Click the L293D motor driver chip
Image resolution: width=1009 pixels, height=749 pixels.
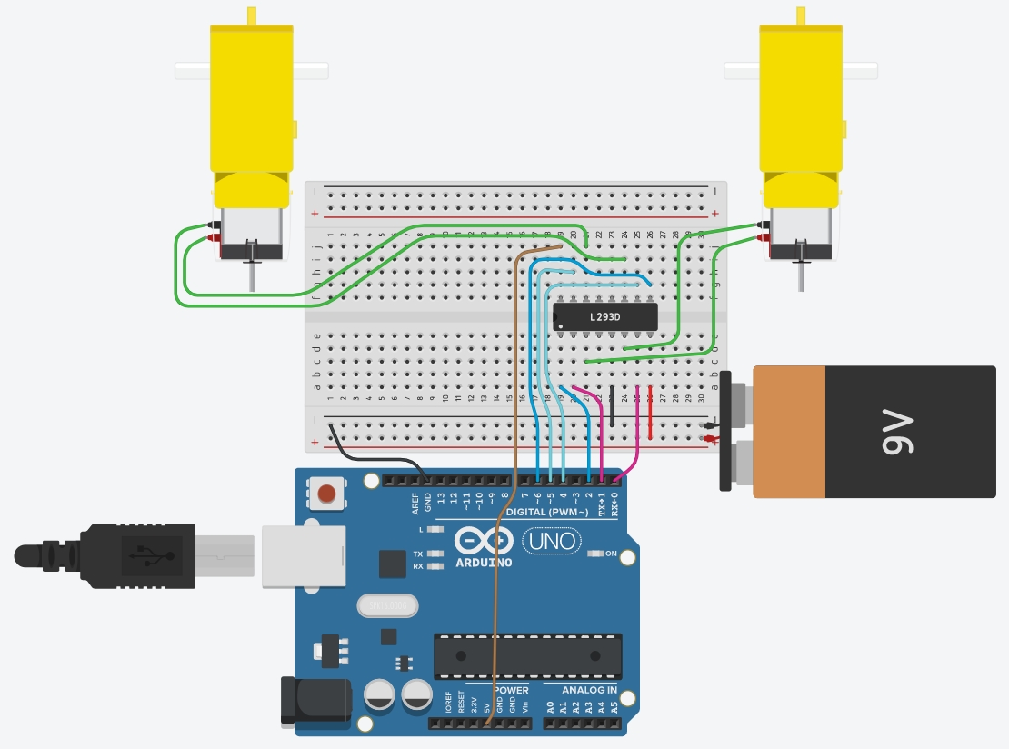[x=604, y=316]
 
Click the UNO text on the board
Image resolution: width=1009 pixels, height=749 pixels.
[x=552, y=542]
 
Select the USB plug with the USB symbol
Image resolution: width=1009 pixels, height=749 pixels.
[x=136, y=554]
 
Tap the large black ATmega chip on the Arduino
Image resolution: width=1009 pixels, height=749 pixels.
[x=527, y=656]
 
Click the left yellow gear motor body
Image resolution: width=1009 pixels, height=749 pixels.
[x=252, y=100]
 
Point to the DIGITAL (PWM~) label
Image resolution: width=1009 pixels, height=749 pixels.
[x=545, y=512]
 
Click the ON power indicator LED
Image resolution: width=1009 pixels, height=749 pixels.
[x=598, y=554]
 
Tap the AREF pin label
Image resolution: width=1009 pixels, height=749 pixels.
[x=415, y=503]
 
